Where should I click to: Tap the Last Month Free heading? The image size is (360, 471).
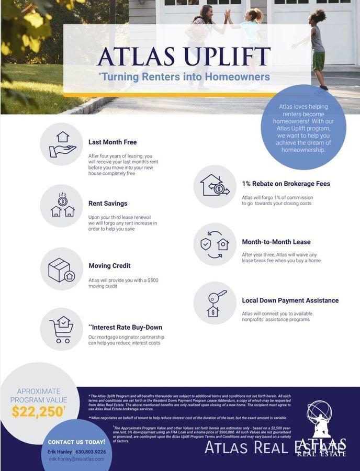click(113, 142)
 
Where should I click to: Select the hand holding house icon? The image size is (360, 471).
click(62, 144)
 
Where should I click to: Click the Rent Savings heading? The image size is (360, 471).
click(108, 204)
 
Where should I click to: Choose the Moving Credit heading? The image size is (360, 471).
click(109, 266)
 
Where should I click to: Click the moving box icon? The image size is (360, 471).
click(62, 270)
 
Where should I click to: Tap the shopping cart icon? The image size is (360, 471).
click(62, 329)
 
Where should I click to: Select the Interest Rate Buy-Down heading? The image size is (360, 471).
click(126, 328)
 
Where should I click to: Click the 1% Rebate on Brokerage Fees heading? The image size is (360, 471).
click(286, 184)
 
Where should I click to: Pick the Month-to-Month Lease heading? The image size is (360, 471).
click(276, 242)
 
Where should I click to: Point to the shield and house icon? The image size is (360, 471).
click(215, 244)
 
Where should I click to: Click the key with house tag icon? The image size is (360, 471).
click(215, 303)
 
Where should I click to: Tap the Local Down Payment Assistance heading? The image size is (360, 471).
click(290, 301)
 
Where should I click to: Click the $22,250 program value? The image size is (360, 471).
click(37, 412)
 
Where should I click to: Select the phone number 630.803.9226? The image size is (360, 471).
click(91, 452)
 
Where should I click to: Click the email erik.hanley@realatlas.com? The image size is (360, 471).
click(76, 459)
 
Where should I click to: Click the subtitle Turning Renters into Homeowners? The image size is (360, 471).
click(184, 77)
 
